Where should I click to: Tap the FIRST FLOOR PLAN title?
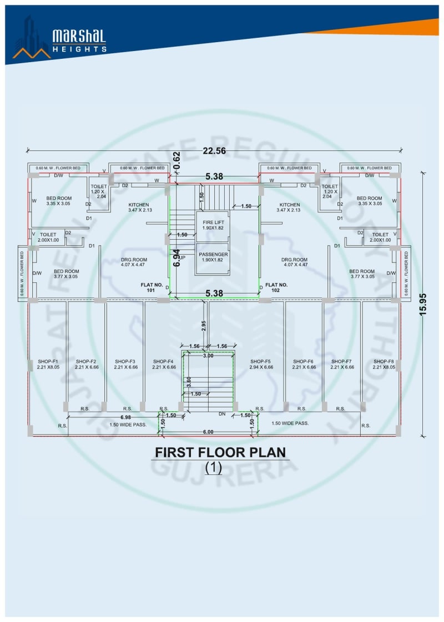point(221,452)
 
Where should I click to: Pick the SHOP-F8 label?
point(384,364)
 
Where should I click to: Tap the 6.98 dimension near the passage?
point(126,416)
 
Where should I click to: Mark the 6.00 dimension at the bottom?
point(208,431)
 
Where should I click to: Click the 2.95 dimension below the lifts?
point(204,326)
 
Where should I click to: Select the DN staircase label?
point(222,413)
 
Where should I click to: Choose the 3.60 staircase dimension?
point(189,382)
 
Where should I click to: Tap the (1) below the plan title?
point(213,468)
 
